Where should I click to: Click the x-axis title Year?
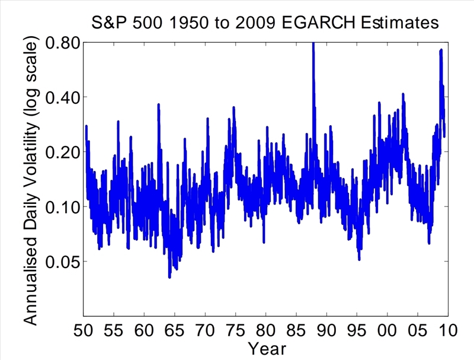pos(267,348)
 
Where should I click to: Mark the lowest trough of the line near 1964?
pos(169,276)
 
